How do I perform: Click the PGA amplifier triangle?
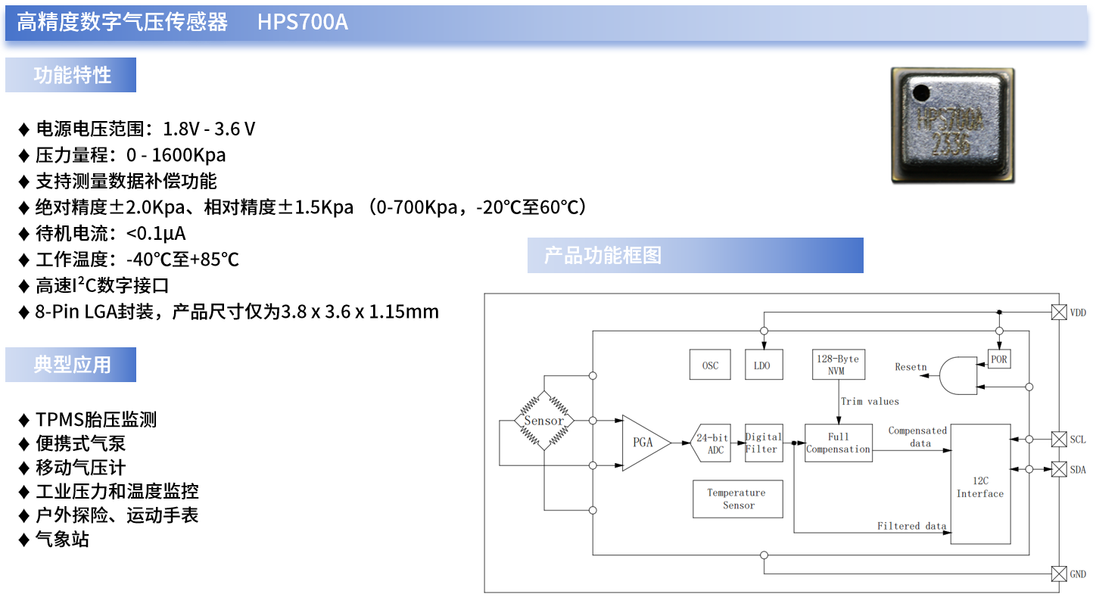[643, 443]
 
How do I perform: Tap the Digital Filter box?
[763, 443]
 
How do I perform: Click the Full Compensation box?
[838, 443]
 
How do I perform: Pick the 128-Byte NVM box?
[836, 365]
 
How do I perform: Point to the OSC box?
[710, 365]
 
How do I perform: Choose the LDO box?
[762, 365]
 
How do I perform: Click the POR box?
[999, 359]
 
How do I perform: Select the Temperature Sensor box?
[737, 499]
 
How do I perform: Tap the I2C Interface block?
[980, 484]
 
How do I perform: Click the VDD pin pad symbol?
[1059, 312]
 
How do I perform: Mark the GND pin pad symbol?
[1059, 574]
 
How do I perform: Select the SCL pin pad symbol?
[1059, 439]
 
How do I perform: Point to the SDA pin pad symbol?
[1059, 470]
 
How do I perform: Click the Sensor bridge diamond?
[543, 421]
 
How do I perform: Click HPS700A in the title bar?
[303, 22]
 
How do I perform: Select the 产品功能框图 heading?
[602, 256]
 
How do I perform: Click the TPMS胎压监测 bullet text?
[96, 420]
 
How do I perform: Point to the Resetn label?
[911, 367]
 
